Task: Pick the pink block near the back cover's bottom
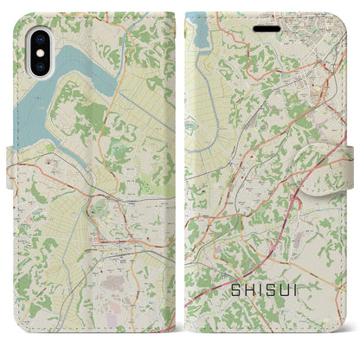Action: point(113,285)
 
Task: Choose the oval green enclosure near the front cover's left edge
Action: point(213,131)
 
